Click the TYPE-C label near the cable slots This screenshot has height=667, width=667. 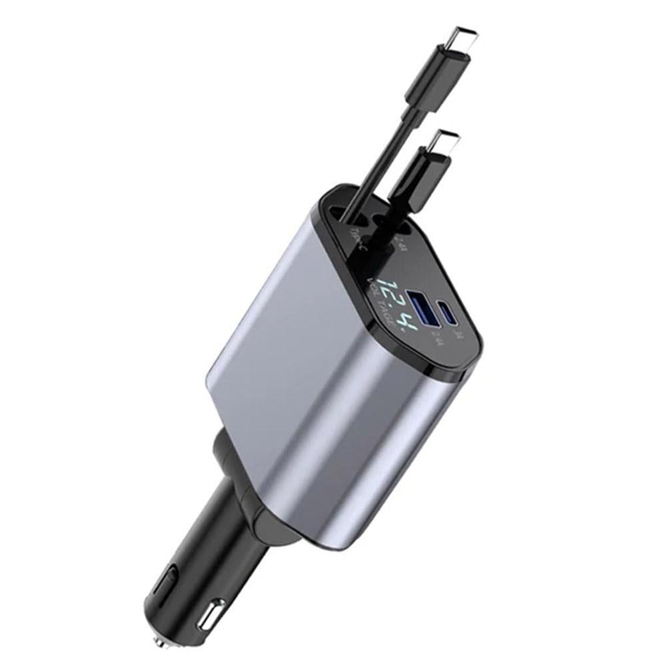[356, 239]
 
